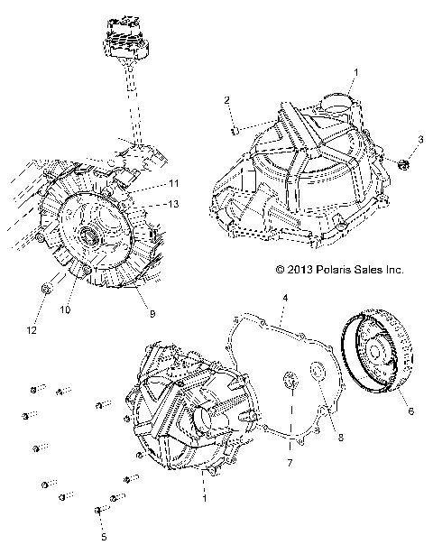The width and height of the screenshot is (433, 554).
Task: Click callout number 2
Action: [x=227, y=99]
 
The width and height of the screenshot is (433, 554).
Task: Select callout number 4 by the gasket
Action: [x=284, y=297]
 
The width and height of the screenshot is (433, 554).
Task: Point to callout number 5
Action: [x=103, y=536]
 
